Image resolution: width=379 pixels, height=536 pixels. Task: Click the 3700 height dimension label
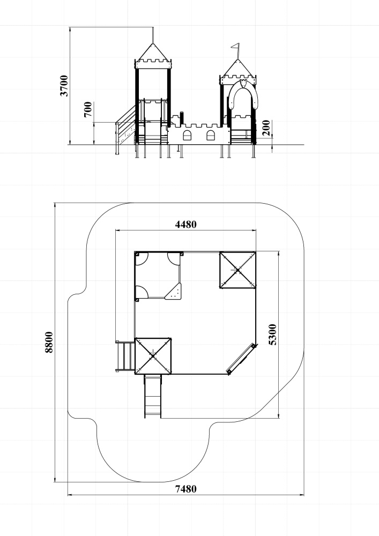(64, 86)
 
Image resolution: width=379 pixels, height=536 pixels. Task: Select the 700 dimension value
(88, 109)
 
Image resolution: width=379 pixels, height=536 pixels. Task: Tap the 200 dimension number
(266, 128)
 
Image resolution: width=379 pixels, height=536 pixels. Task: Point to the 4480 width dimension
(186, 224)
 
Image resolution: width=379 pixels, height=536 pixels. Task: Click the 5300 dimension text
(273, 334)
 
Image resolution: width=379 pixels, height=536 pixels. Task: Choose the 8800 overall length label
(49, 342)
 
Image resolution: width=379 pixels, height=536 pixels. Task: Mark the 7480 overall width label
(186, 489)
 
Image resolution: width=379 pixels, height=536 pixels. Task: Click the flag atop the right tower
(235, 46)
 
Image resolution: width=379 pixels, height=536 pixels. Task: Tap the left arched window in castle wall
(187, 136)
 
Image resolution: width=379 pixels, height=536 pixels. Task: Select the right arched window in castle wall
(211, 136)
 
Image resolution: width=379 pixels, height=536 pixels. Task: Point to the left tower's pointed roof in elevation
(153, 51)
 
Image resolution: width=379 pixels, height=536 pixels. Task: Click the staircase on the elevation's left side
(125, 128)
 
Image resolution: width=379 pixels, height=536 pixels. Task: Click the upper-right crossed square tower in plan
(237, 270)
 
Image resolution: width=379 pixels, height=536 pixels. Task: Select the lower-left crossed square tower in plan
(153, 356)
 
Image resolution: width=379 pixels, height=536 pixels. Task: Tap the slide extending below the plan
(152, 396)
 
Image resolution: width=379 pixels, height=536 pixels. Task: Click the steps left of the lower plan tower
(125, 356)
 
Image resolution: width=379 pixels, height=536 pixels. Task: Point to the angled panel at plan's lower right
(241, 359)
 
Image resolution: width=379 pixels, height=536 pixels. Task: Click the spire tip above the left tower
(153, 28)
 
